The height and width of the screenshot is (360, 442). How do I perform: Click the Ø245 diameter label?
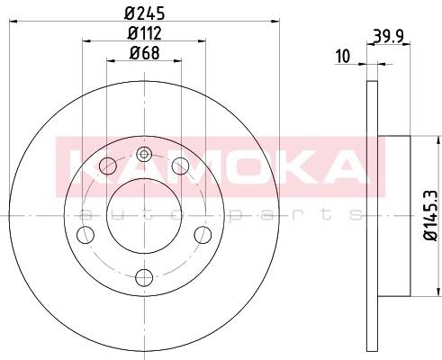pyautogui.click(x=144, y=13)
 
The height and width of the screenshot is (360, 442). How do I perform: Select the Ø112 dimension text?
pyautogui.click(x=144, y=33)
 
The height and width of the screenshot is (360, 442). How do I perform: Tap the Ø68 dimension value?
pyautogui.click(x=144, y=53)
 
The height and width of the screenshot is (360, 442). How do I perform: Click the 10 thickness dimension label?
pyautogui.click(x=343, y=57)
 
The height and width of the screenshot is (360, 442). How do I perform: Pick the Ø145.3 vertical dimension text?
pyautogui.click(x=431, y=215)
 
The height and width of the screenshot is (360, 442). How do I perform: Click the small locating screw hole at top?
pyautogui.click(x=144, y=155)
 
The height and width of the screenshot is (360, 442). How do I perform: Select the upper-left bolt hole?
pyautogui.click(x=107, y=166)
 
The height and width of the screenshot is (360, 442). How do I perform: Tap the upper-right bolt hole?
pyautogui.click(x=180, y=166)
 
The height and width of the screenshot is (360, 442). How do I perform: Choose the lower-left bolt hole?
pyautogui.click(x=86, y=235)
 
